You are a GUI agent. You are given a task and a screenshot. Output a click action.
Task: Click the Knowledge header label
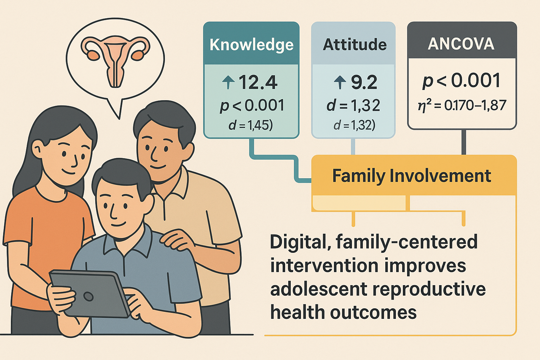pyautogui.click(x=251, y=45)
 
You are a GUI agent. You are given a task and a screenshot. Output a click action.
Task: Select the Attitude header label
pyautogui.click(x=355, y=45)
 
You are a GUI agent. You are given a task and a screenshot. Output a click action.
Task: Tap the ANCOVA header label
pyautogui.click(x=461, y=44)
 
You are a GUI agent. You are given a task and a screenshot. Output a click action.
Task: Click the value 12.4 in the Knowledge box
pyautogui.click(x=258, y=83)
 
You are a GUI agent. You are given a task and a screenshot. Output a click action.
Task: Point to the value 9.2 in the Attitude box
pyautogui.click(x=364, y=83)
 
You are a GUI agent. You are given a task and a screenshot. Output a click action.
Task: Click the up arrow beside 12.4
pyautogui.click(x=228, y=82)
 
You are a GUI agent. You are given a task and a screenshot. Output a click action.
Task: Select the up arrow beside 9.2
pyautogui.click(x=340, y=82)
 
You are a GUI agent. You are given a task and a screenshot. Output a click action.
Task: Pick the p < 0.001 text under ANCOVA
pyautogui.click(x=461, y=81)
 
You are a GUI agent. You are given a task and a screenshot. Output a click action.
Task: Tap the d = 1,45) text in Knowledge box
pyautogui.click(x=250, y=126)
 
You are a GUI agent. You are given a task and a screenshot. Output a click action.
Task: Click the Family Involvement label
pyautogui.click(x=412, y=176)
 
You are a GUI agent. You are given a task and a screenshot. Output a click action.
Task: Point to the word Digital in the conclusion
pyautogui.click(x=298, y=242)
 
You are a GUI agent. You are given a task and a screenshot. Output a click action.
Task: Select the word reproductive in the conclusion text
pyautogui.click(x=429, y=290)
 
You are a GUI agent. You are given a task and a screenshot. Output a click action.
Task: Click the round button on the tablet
pyautogui.click(x=88, y=296)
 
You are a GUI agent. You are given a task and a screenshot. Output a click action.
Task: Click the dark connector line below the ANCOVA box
pyautogui.click(x=464, y=142)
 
